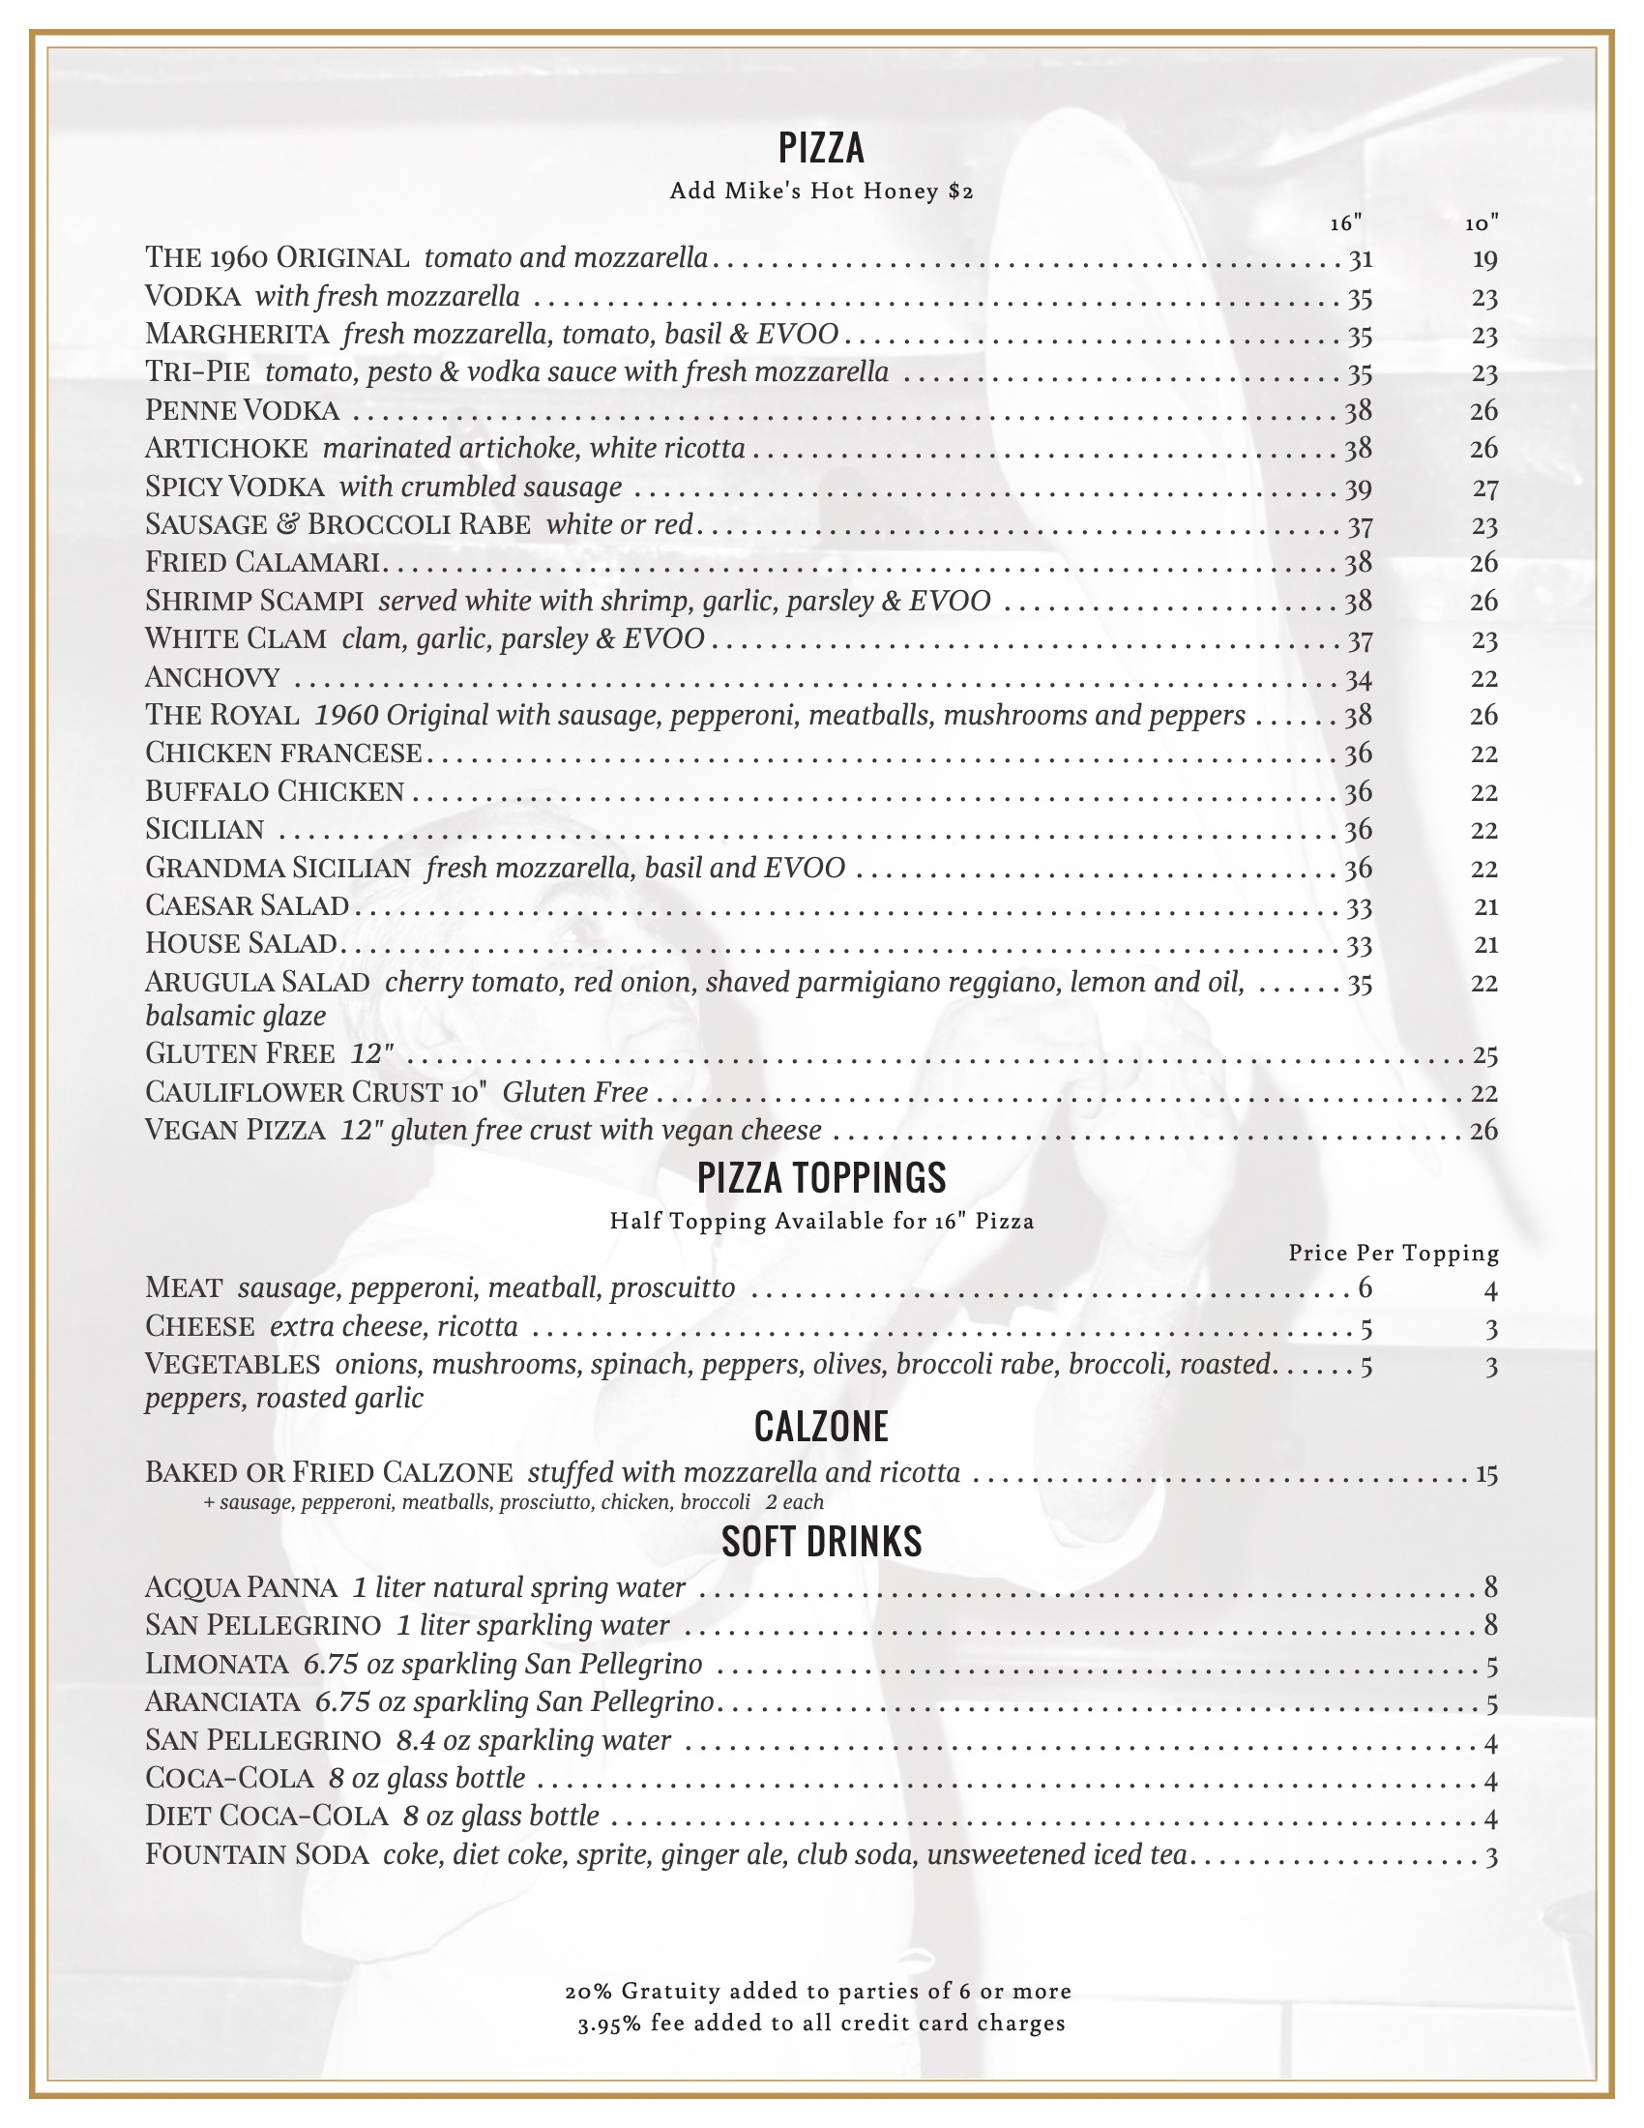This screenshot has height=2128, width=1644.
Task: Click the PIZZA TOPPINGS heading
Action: pyautogui.click(x=821, y=1178)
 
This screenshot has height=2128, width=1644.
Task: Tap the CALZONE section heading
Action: pyautogui.click(x=821, y=1427)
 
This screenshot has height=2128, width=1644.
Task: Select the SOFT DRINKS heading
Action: pyautogui.click(x=821, y=1542)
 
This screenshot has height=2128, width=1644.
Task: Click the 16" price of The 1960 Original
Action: pyautogui.click(x=1360, y=259)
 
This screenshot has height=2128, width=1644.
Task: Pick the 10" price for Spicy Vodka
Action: pyautogui.click(x=1484, y=488)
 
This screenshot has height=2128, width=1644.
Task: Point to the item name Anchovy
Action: pyautogui.click(x=213, y=677)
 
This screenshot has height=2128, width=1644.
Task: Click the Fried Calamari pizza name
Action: pyautogui.click(x=263, y=562)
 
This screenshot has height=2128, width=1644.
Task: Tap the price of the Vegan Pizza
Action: pyautogui.click(x=1484, y=1130)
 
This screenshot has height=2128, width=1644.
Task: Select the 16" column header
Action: pyautogui.click(x=1346, y=224)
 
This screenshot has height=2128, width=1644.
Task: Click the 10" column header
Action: pyautogui.click(x=1482, y=224)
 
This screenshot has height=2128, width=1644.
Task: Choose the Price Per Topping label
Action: pyautogui.click(x=1393, y=1253)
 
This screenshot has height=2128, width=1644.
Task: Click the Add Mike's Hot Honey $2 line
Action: pyautogui.click(x=821, y=191)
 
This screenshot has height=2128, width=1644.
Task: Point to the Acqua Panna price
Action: pyautogui.click(x=1490, y=1587)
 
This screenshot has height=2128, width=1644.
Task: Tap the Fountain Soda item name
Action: pyautogui.click(x=256, y=1854)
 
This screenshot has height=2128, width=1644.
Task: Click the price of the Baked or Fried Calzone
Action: pyautogui.click(x=1485, y=1473)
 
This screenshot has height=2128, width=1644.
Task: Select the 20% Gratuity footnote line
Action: pyautogui.click(x=818, y=1991)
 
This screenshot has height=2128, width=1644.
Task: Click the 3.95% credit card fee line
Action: pyautogui.click(x=821, y=2024)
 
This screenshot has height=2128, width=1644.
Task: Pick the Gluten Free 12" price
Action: pyautogui.click(x=1484, y=1054)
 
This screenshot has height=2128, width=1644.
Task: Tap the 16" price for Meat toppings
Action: pyautogui.click(x=1365, y=1288)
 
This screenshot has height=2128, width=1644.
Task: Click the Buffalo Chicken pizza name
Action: pyautogui.click(x=274, y=791)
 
